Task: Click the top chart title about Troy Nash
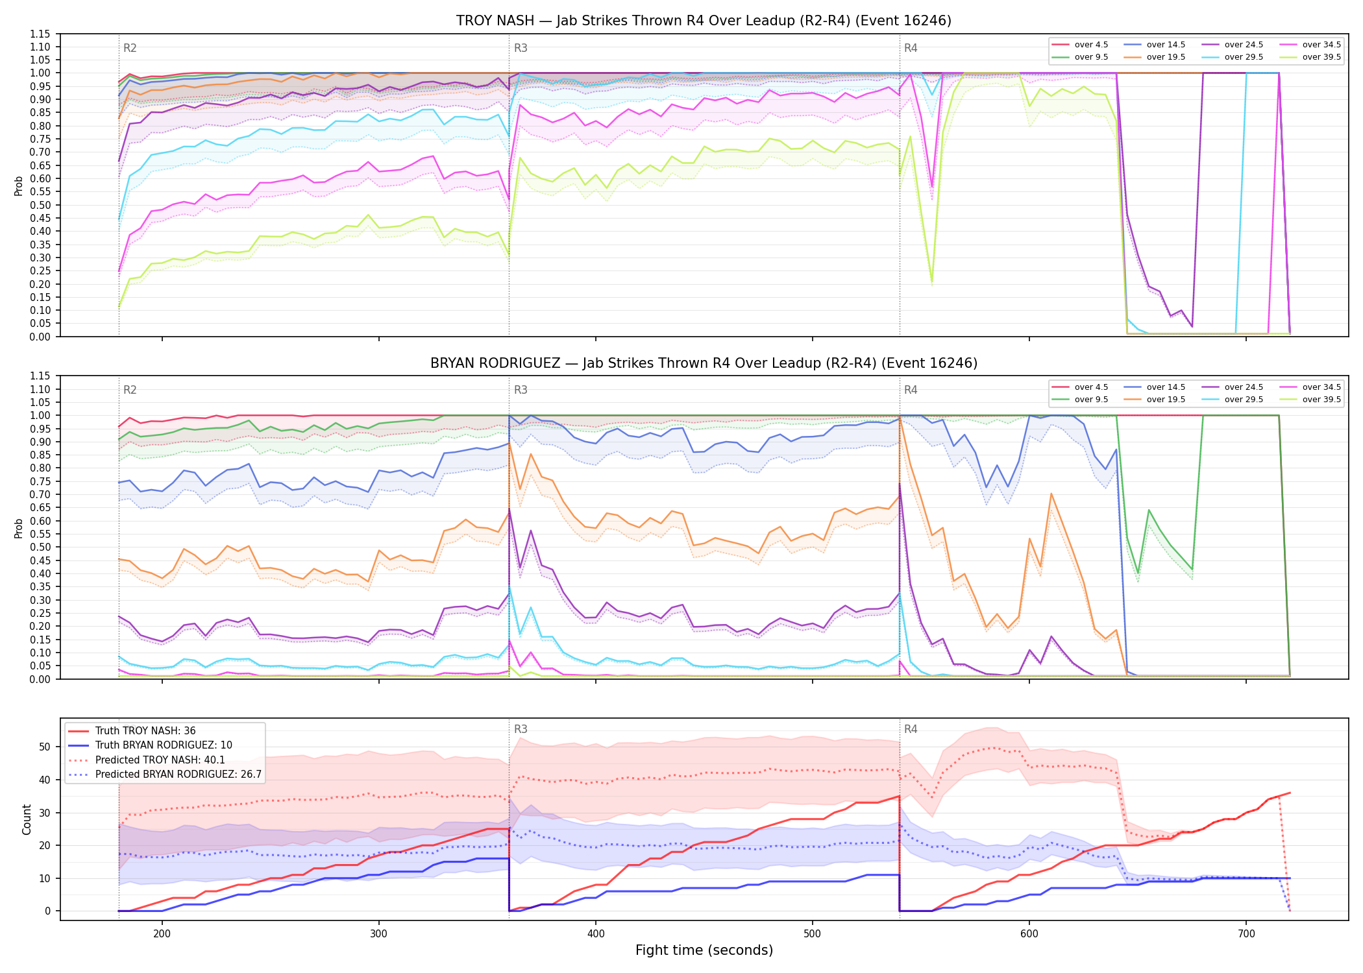click(704, 21)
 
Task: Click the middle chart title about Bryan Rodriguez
click(704, 363)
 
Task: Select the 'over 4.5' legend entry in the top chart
click(1080, 45)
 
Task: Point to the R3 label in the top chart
click(521, 48)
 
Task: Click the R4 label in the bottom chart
click(911, 729)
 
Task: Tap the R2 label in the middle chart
click(130, 390)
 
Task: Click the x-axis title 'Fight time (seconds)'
click(704, 950)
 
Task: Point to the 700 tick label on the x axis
click(1246, 934)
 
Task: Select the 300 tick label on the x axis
click(378, 934)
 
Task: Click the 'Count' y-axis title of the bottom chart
click(27, 819)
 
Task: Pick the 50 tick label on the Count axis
click(45, 747)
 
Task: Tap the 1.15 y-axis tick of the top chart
click(40, 34)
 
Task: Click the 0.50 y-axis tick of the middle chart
click(40, 547)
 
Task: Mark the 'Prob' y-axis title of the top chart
click(19, 186)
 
